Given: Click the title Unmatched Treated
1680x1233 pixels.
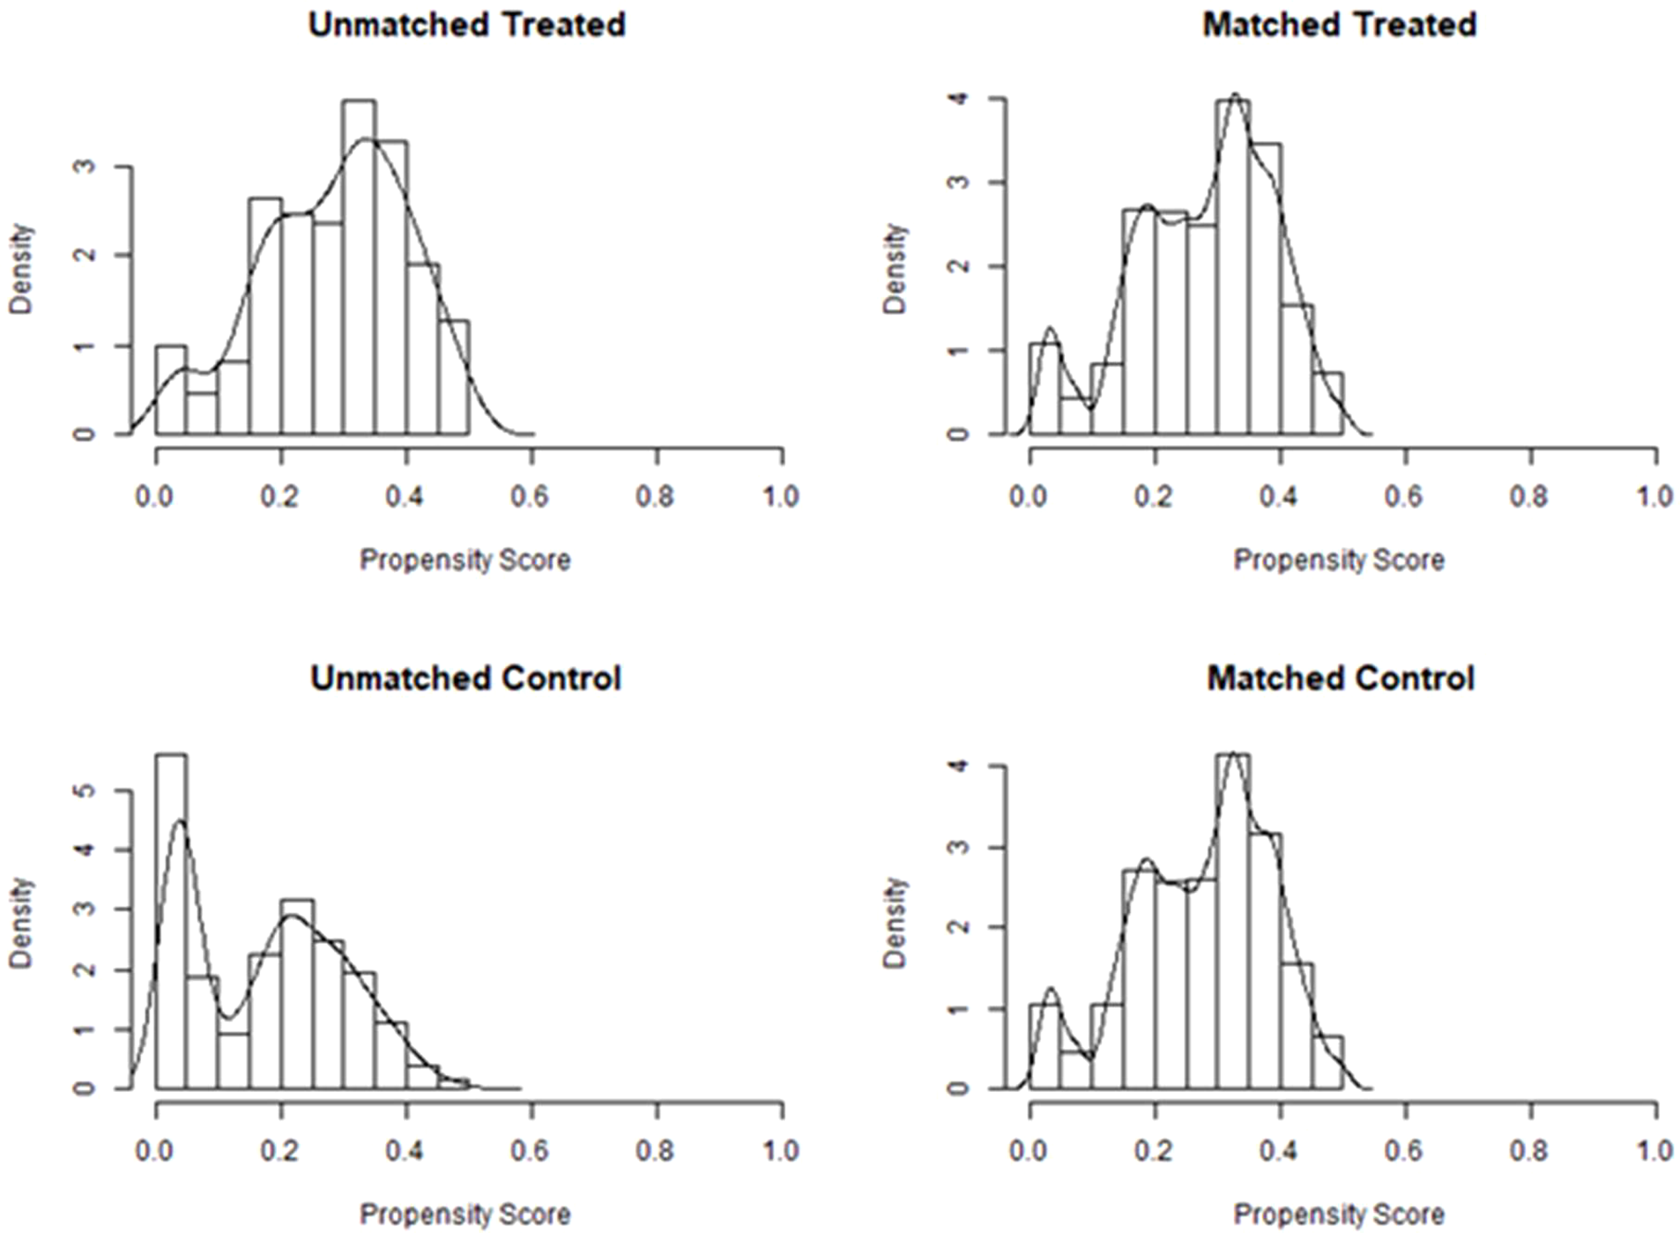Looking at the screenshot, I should [466, 26].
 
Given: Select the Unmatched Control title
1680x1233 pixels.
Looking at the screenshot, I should [466, 679].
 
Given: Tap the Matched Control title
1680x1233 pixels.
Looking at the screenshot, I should [1341, 679].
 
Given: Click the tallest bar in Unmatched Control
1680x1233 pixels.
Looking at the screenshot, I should [171, 922].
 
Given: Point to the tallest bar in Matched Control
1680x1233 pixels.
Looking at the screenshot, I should [1233, 922].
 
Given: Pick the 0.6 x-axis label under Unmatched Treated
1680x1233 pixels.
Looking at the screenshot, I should [530, 497].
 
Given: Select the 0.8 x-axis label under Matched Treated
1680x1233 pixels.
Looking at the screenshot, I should [1529, 497].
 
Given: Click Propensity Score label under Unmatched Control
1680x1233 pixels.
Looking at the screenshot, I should [465, 1214].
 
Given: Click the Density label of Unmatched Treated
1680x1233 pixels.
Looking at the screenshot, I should [22, 269].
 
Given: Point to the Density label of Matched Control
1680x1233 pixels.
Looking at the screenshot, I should [896, 923].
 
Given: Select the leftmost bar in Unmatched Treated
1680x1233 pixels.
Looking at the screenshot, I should [171, 390].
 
